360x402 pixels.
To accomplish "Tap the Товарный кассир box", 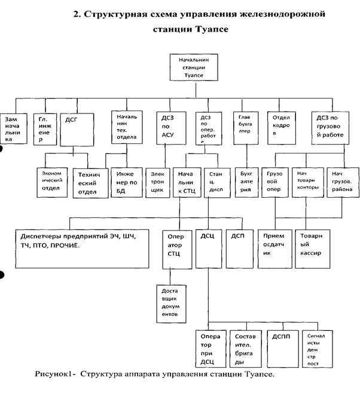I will pyautogui.click(x=313, y=246).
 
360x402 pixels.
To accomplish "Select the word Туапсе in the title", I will pyautogui.click(x=207, y=29).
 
